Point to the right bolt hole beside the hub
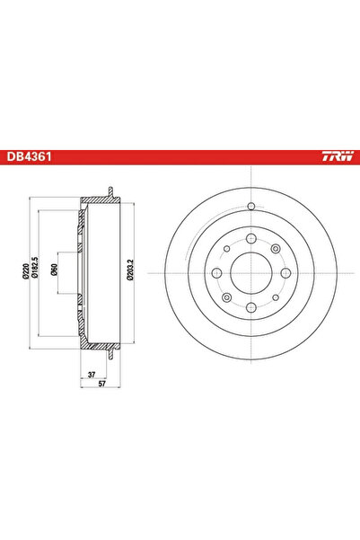tap(285, 272)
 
